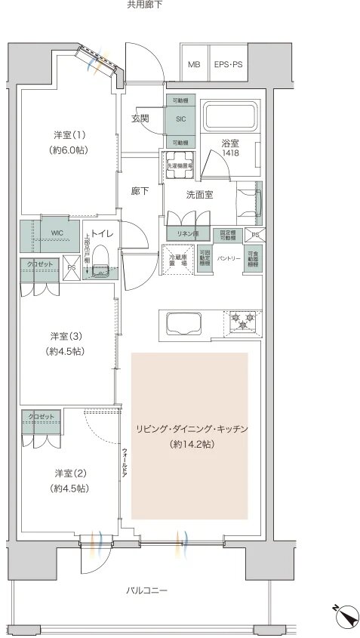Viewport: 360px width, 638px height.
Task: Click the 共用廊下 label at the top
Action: click(x=144, y=5)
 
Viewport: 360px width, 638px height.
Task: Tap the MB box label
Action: click(x=194, y=65)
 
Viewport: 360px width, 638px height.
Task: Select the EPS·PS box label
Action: click(x=227, y=65)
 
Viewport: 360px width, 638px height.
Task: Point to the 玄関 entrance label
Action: click(x=140, y=119)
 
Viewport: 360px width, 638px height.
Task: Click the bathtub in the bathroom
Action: click(x=231, y=116)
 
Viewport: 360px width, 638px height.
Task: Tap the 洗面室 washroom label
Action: click(x=200, y=194)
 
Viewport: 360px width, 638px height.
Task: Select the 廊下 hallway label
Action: click(x=140, y=191)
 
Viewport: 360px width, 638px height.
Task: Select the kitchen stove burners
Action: click(x=242, y=322)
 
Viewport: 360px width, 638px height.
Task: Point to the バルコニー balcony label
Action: click(x=147, y=590)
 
